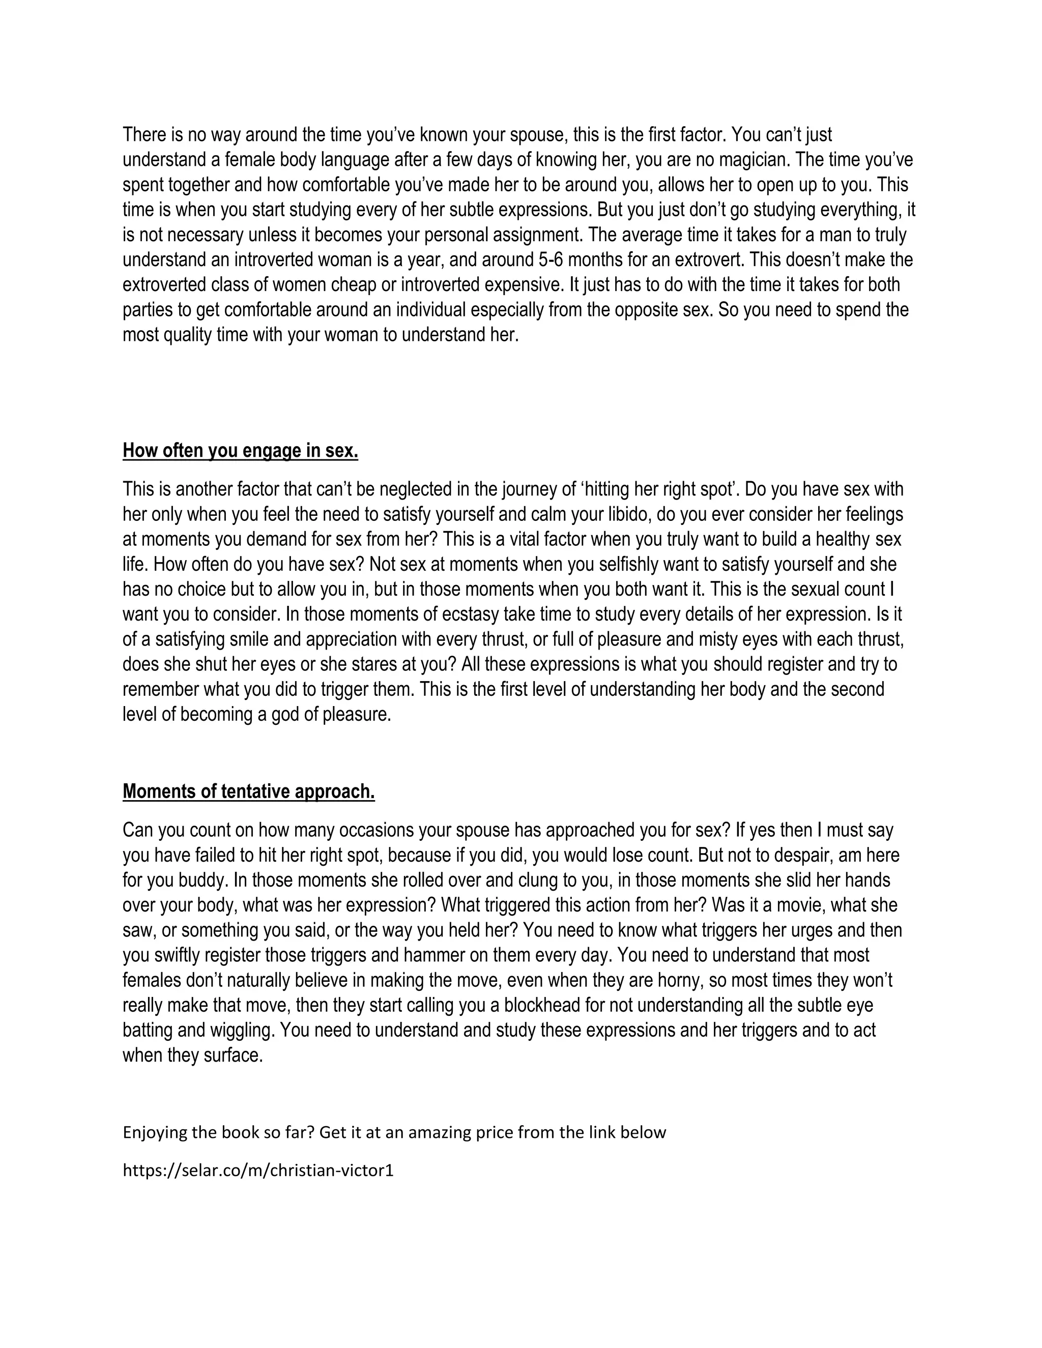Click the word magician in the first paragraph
[x=754, y=160]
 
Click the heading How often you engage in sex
[x=240, y=451]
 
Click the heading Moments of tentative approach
[x=249, y=792]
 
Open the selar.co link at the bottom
[x=258, y=1170]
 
